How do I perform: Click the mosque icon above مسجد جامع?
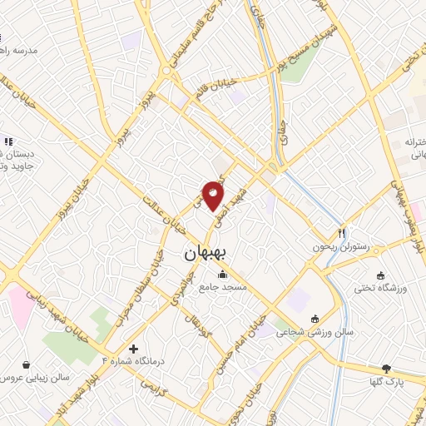(x=222, y=275)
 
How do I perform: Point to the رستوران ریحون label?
(x=339, y=246)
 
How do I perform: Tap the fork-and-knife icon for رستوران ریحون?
(x=341, y=233)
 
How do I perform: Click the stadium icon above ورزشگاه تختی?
(x=381, y=275)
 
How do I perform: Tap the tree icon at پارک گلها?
(x=386, y=368)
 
